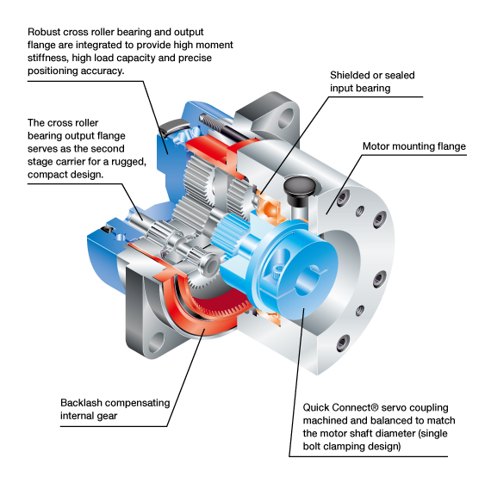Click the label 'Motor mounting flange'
point(414,146)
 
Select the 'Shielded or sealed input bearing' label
point(372,82)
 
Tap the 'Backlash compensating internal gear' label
point(115,409)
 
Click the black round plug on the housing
point(298,187)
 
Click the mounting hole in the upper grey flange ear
point(286,118)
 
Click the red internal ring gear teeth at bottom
point(218,304)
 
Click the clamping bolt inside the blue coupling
point(277,272)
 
